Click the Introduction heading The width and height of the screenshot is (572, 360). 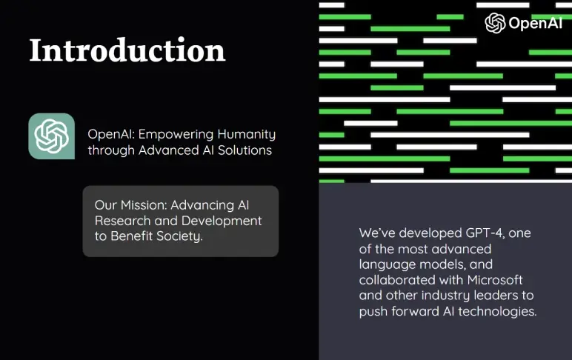127,50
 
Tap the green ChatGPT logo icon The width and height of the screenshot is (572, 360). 52,136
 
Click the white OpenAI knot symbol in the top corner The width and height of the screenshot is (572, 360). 495,23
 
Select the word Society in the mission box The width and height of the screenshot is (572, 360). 178,237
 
